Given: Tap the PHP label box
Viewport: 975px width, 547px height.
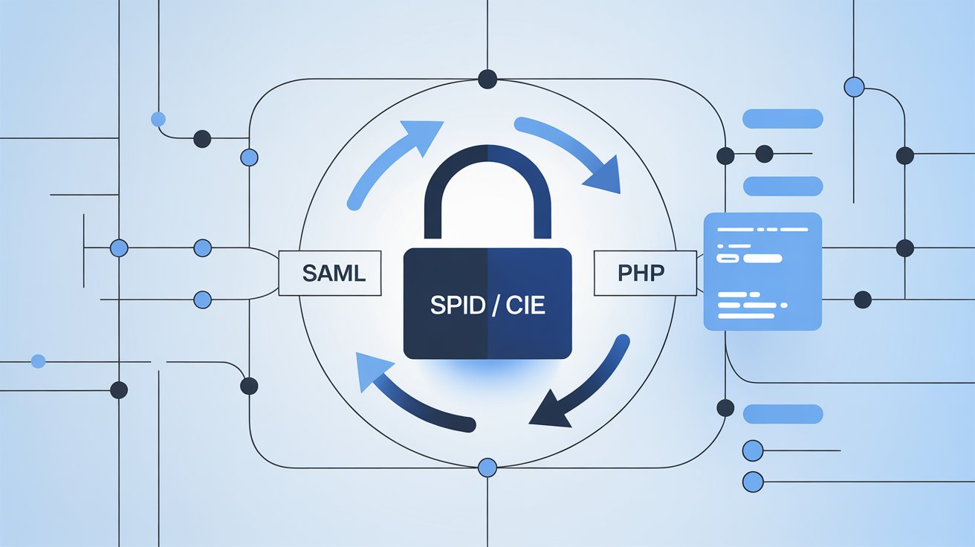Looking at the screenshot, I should point(641,273).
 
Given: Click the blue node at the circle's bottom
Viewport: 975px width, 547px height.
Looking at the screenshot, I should point(487,467).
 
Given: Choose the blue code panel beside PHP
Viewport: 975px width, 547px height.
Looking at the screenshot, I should point(762,271).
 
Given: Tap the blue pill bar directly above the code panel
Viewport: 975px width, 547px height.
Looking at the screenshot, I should point(783,186).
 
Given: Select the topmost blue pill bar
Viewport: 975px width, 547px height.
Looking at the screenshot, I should point(783,119).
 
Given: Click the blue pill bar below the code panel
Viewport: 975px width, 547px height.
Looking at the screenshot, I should point(783,414).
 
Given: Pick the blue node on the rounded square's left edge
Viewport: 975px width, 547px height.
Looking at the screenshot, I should point(250,158).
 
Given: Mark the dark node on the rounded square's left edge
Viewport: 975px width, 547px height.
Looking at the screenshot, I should point(250,386).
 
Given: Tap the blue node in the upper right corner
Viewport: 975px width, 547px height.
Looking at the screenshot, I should point(855,87).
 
